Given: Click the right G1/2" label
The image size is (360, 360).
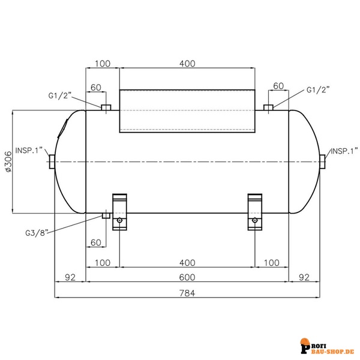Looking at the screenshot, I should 318,90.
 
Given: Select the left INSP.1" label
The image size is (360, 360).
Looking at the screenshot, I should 30,151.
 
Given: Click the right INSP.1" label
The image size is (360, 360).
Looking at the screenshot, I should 344,151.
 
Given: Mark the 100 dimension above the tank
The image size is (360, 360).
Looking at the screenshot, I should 103,63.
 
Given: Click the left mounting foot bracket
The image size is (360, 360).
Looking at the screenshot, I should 120,211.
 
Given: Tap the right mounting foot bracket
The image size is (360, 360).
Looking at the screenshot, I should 256,211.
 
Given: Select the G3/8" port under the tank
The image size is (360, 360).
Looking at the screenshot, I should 106,215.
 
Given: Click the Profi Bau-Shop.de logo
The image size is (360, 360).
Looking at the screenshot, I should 328,346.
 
